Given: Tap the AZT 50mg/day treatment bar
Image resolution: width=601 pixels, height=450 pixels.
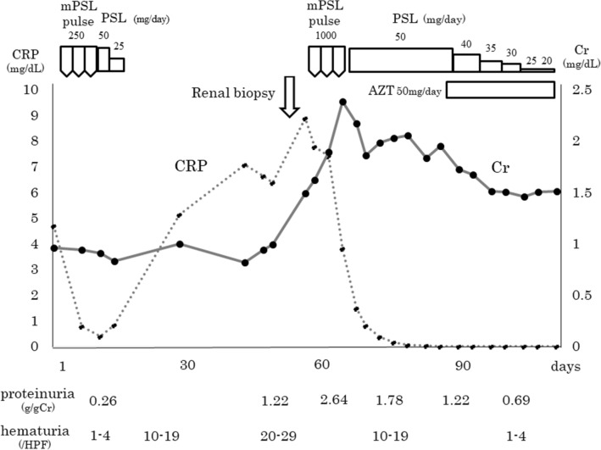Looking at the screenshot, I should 499,90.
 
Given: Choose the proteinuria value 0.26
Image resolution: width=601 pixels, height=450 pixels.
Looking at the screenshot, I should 103,398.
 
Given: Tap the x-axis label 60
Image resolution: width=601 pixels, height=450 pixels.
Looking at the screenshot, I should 322,365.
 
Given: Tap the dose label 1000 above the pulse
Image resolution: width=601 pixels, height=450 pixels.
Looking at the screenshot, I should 326,36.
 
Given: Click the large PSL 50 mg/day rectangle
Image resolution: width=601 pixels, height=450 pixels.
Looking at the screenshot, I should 400,59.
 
